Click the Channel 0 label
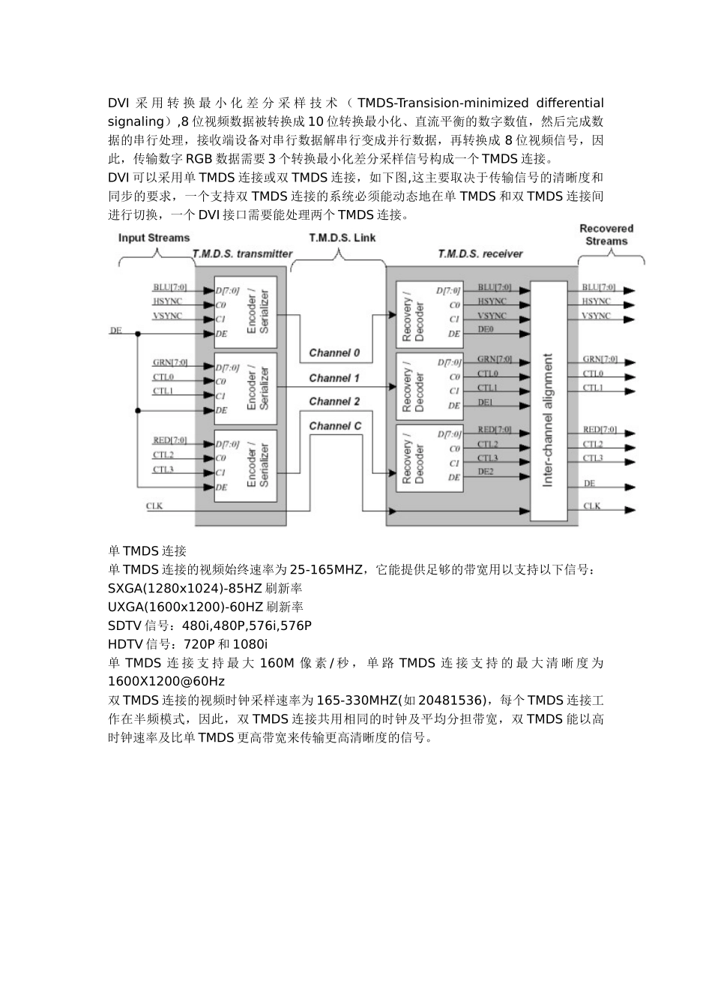334,352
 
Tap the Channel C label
335,426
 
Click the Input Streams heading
154,238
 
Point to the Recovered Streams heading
606,235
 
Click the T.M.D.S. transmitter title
242,253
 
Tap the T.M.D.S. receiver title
480,253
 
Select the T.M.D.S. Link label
343,238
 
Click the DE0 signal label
486,329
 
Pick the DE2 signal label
486,471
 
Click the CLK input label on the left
154,506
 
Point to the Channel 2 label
334,401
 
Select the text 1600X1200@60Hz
166,682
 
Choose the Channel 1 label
334,378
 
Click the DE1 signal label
486,402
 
